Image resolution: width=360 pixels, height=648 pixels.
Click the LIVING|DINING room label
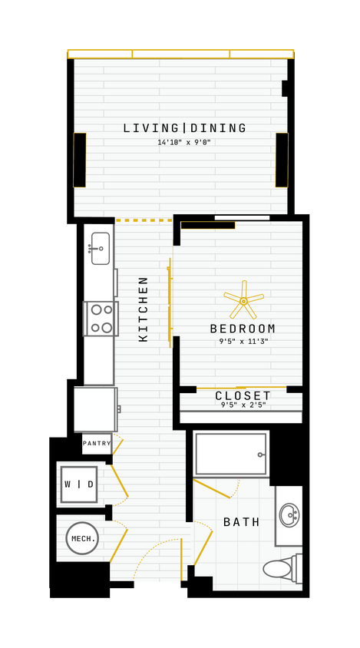pyautogui.click(x=185, y=128)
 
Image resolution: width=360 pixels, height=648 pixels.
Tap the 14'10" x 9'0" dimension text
pyautogui.click(x=184, y=142)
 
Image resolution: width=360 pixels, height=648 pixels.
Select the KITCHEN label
pyautogui.click(x=144, y=309)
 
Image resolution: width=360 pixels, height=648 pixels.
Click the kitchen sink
pyautogui.click(x=100, y=248)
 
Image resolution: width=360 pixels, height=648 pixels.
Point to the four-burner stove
pyautogui.click(x=101, y=319)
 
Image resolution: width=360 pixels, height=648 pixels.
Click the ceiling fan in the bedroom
pyautogui.click(x=243, y=301)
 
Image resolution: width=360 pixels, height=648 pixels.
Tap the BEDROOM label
pyautogui.click(x=243, y=329)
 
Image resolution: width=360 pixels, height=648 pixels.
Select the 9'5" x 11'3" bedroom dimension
pyautogui.click(x=243, y=342)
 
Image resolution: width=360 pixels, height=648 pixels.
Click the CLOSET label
pyautogui.click(x=243, y=396)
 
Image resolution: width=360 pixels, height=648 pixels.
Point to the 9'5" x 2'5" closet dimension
pyautogui.click(x=243, y=405)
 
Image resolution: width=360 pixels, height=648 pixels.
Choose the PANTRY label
pyautogui.click(x=97, y=443)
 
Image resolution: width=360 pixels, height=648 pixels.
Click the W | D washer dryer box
pyautogui.click(x=79, y=484)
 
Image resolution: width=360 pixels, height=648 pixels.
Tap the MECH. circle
pyautogui.click(x=83, y=538)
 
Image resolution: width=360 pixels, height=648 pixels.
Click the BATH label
pyautogui.click(x=242, y=522)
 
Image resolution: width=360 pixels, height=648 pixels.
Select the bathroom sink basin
pyautogui.click(x=289, y=514)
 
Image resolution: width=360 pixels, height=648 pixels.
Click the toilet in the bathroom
pyautogui.click(x=281, y=569)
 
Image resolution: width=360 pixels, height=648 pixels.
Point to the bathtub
pyautogui.click(x=230, y=454)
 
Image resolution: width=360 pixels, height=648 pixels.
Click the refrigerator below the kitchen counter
pyautogui.click(x=95, y=409)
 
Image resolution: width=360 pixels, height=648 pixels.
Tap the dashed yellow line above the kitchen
pyautogui.click(x=144, y=220)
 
